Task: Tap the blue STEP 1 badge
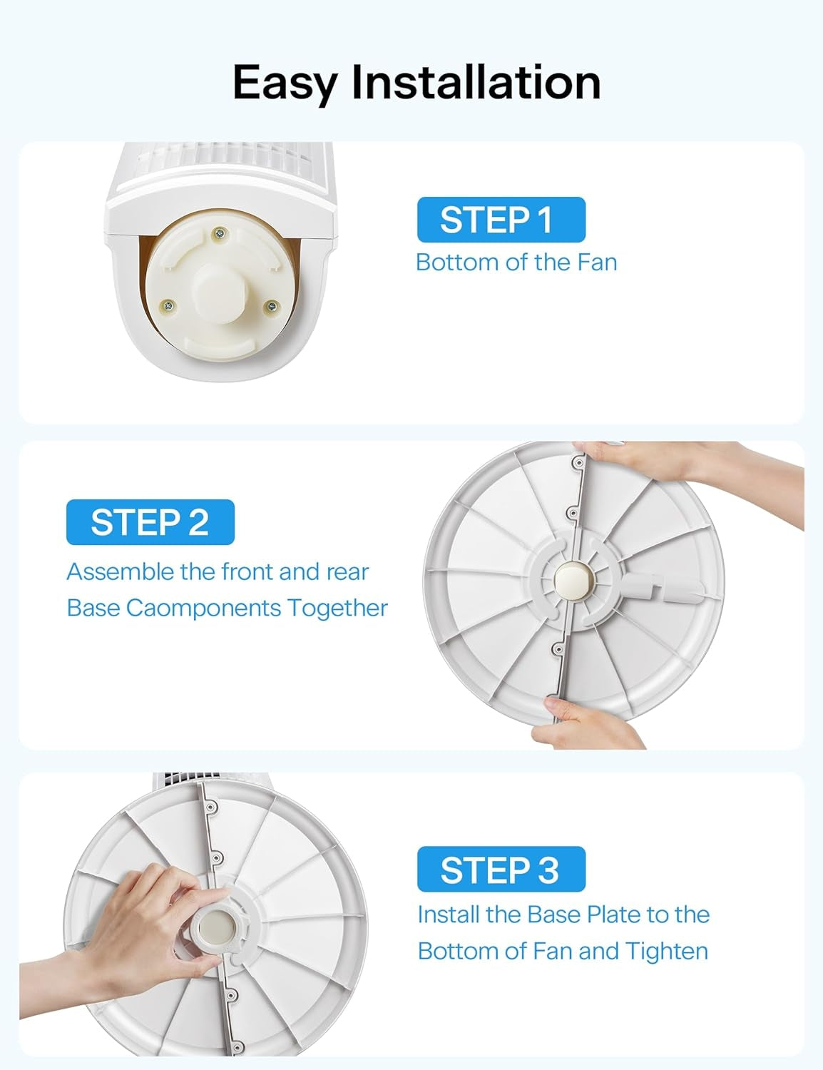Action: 501,220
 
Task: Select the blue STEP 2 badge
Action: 150,522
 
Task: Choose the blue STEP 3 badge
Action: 501,870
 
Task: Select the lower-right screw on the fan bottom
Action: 271,306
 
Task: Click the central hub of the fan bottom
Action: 218,282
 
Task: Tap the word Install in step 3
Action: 449,914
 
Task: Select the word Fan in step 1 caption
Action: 597,263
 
